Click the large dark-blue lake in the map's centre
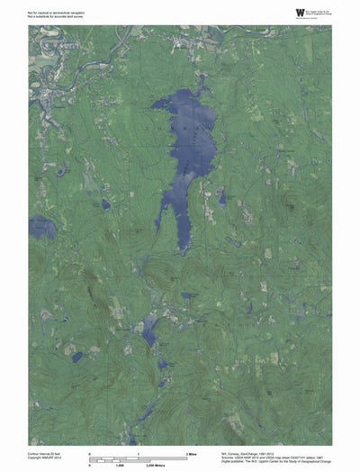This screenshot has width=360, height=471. click(x=188, y=144)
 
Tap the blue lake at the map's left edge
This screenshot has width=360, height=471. click(x=40, y=227)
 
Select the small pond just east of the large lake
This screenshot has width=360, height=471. click(x=222, y=196)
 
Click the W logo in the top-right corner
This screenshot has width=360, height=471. click(x=274, y=12)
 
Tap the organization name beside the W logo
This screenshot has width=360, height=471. click(x=306, y=12)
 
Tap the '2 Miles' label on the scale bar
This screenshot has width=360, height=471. click(x=191, y=452)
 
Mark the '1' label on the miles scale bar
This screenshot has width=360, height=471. click(x=138, y=452)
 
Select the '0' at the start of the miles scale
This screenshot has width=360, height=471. click(x=89, y=452)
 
